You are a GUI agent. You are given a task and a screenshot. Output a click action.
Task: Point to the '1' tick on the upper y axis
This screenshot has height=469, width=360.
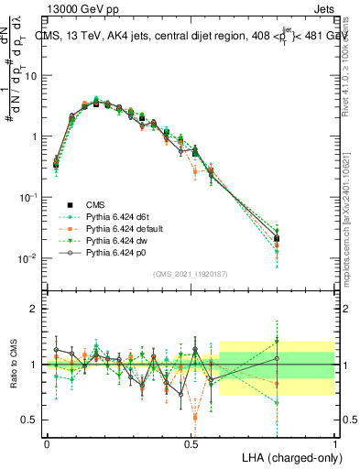point(37,136)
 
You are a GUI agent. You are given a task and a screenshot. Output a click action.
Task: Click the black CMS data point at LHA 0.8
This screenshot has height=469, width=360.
point(278,238)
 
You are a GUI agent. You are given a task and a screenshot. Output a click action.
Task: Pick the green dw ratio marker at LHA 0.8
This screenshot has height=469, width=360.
point(278,342)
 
